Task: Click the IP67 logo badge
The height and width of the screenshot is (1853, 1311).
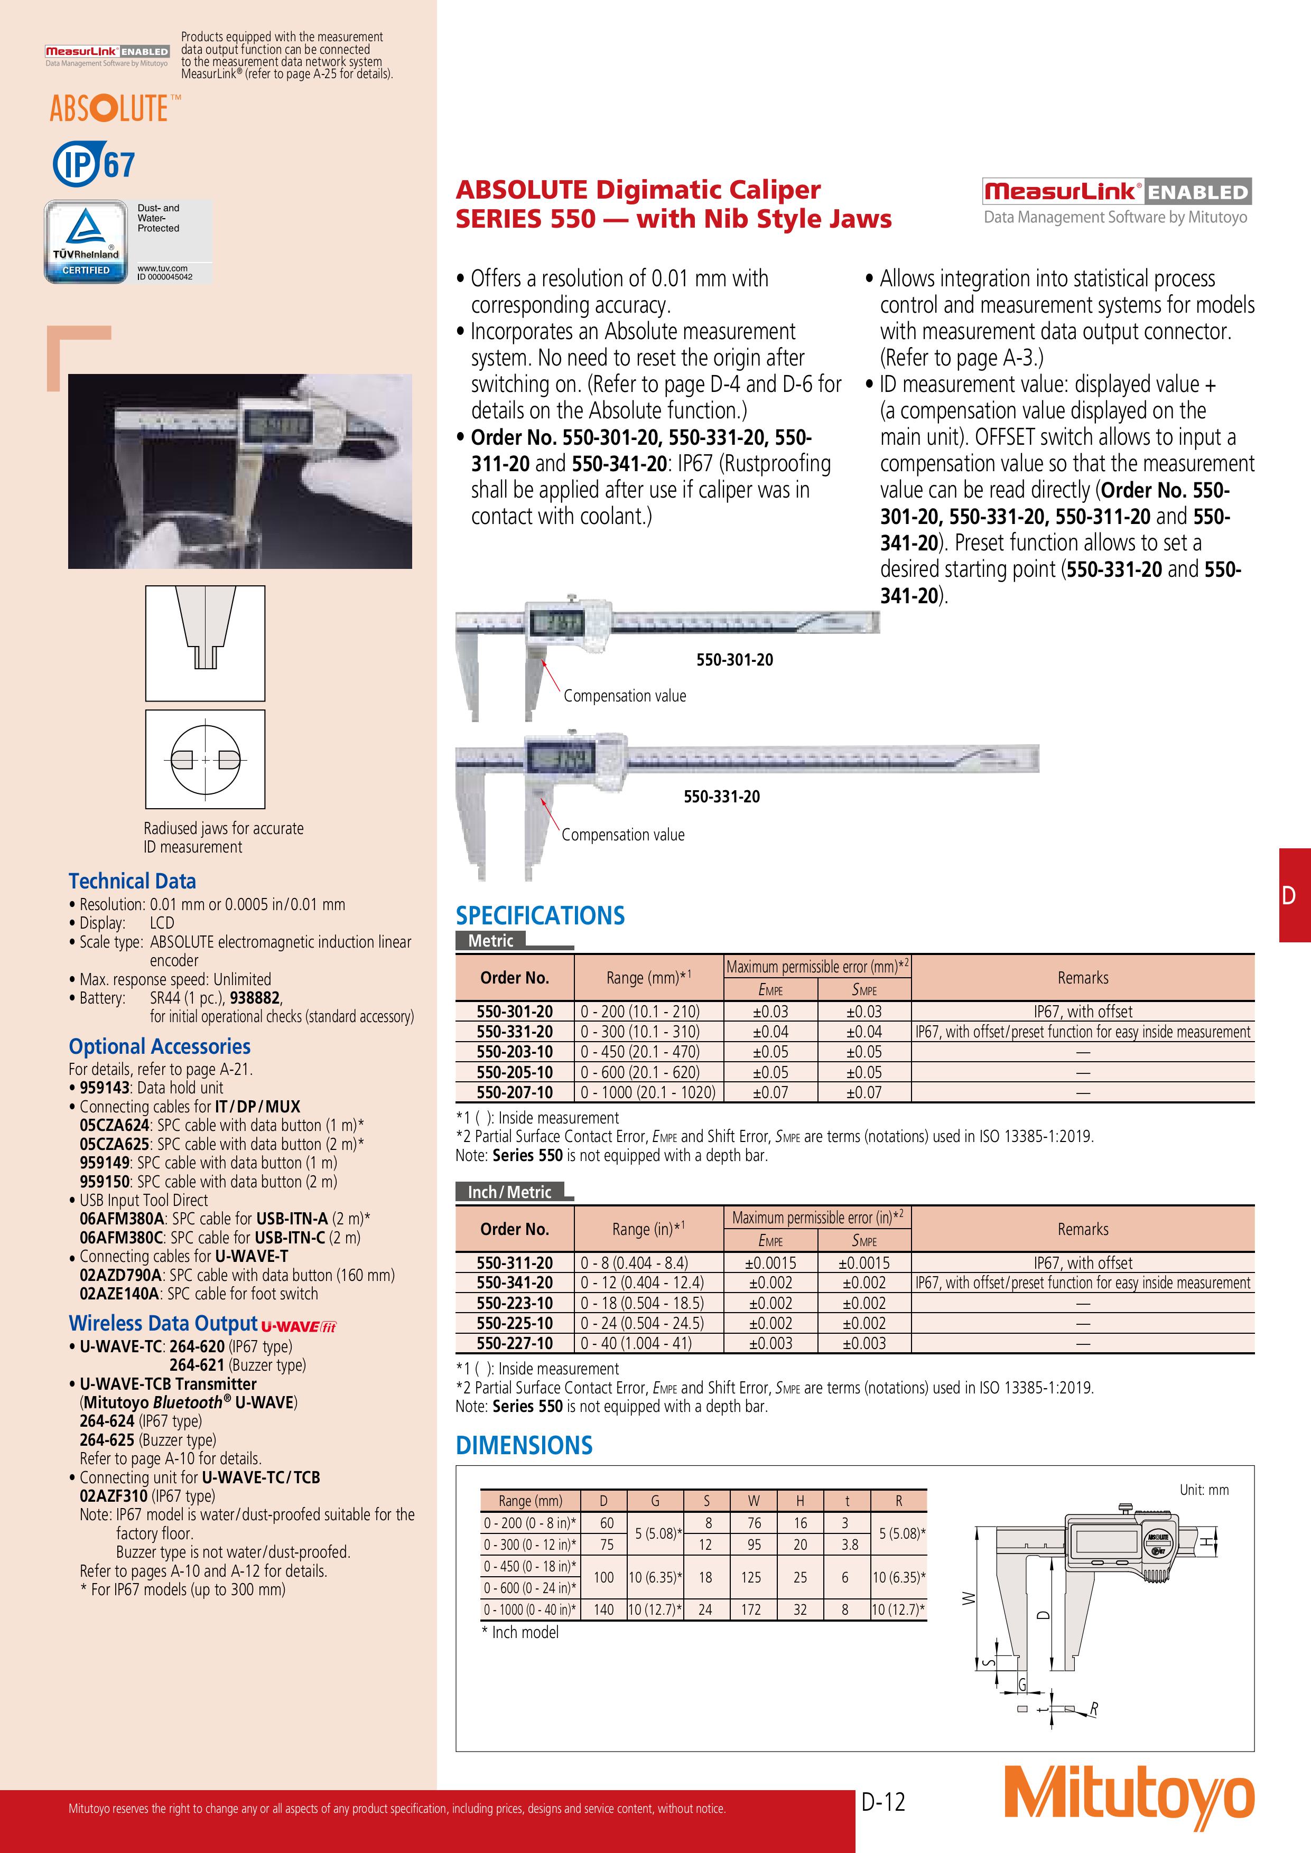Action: [x=94, y=164]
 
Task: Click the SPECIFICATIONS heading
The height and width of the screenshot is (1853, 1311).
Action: [x=540, y=915]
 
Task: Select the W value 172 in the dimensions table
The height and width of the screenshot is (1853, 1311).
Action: [x=751, y=1608]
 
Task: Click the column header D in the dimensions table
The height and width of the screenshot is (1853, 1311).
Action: [x=604, y=1500]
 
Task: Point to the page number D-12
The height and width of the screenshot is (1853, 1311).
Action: [x=883, y=1801]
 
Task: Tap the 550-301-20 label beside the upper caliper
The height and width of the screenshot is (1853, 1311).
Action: [x=734, y=659]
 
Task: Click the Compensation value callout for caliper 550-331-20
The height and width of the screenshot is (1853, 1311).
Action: [x=622, y=835]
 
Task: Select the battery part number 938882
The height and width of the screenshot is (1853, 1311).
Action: [x=255, y=997]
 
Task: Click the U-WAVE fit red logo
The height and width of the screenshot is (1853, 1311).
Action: [x=299, y=1326]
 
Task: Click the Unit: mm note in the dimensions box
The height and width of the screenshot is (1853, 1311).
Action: [x=1204, y=1490]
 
